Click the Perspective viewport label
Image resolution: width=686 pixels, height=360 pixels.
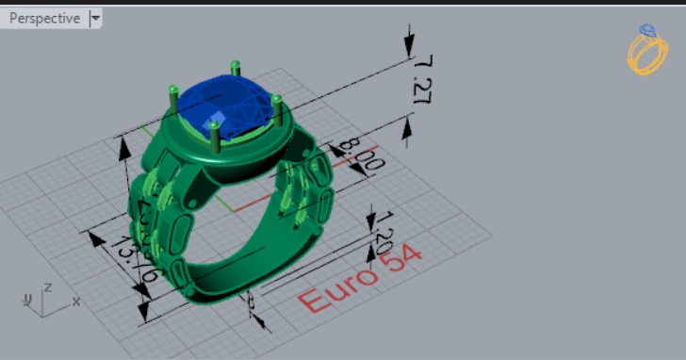[x=43, y=18]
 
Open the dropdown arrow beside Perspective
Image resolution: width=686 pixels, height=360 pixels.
[x=95, y=18]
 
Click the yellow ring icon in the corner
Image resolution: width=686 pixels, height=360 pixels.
[x=647, y=49]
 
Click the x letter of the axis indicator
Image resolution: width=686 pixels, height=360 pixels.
[x=76, y=302]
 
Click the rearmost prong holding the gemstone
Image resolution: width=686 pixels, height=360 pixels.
[x=236, y=69]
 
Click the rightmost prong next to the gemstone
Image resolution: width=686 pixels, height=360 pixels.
[x=278, y=108]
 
